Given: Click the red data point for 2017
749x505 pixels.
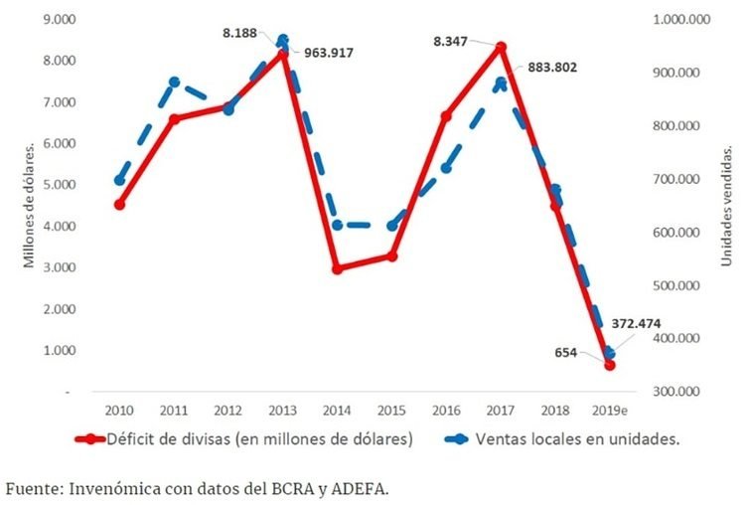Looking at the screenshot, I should tap(501, 47).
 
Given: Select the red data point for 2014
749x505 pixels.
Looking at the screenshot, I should tap(337, 269).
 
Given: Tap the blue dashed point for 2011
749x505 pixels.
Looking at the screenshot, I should tap(174, 82).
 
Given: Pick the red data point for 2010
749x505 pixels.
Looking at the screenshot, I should tap(119, 205).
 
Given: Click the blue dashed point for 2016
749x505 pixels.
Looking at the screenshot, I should tap(446, 168).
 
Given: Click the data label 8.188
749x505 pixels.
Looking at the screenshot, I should tap(239, 33).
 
